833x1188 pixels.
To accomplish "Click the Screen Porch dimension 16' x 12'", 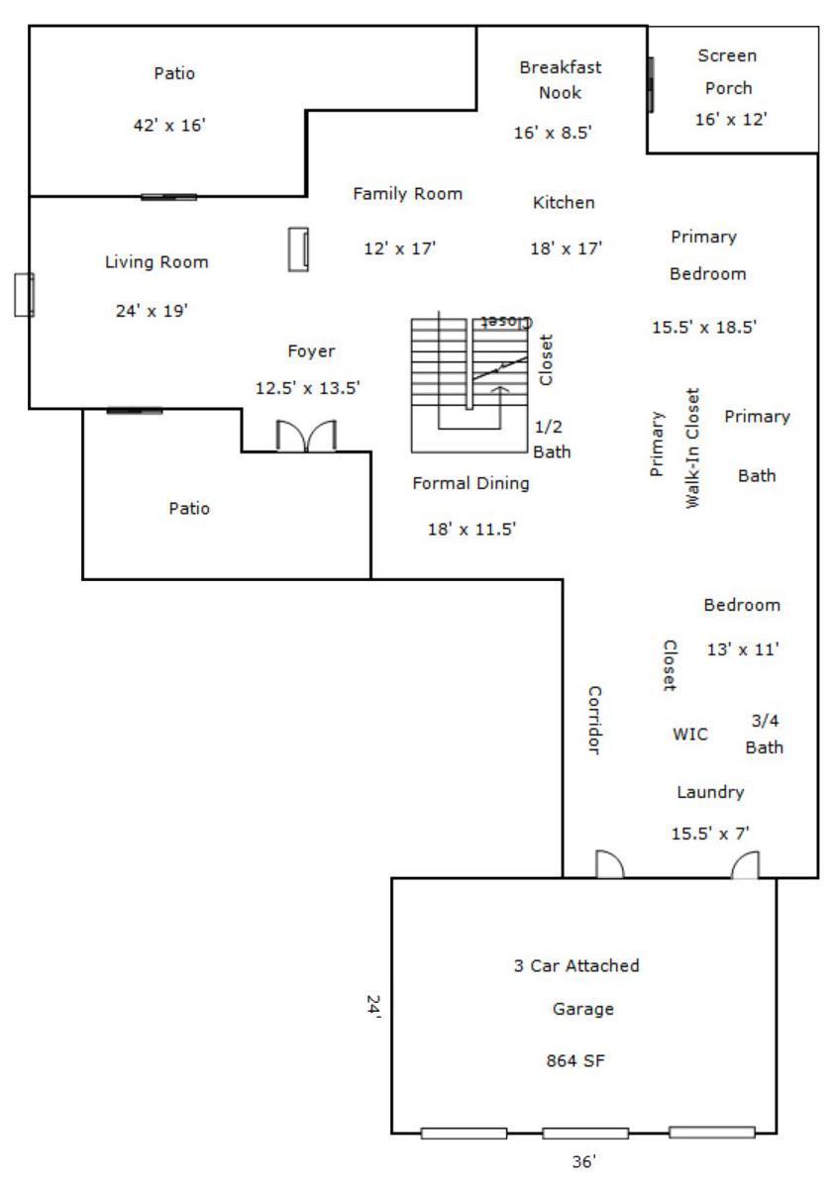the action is [731, 120].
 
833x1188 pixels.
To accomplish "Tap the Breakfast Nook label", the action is [560, 80].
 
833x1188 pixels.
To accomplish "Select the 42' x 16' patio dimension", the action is [169, 125].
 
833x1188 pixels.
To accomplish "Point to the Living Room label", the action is [156, 262].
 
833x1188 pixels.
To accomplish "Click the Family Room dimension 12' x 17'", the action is [399, 248].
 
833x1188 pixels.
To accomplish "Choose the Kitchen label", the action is [564, 203].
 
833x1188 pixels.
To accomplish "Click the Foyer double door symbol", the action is [306, 436].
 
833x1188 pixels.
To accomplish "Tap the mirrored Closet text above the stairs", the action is [506, 322].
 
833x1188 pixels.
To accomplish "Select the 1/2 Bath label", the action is [552, 440].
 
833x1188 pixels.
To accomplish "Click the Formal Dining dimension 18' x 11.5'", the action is [471, 529].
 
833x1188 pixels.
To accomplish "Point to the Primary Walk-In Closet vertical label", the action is [675, 447].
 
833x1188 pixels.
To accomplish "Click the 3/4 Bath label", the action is [764, 734].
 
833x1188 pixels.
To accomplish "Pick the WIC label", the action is [689, 734].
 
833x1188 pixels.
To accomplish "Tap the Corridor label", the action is [594, 720].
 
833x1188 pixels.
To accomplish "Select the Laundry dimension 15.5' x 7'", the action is [710, 834].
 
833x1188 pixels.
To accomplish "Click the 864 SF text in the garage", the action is [575, 1060].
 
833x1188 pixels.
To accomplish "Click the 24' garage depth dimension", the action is [374, 1005].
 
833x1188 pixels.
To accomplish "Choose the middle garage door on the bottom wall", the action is [585, 1134].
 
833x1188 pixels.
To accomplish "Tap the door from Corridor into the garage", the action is [609, 864].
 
